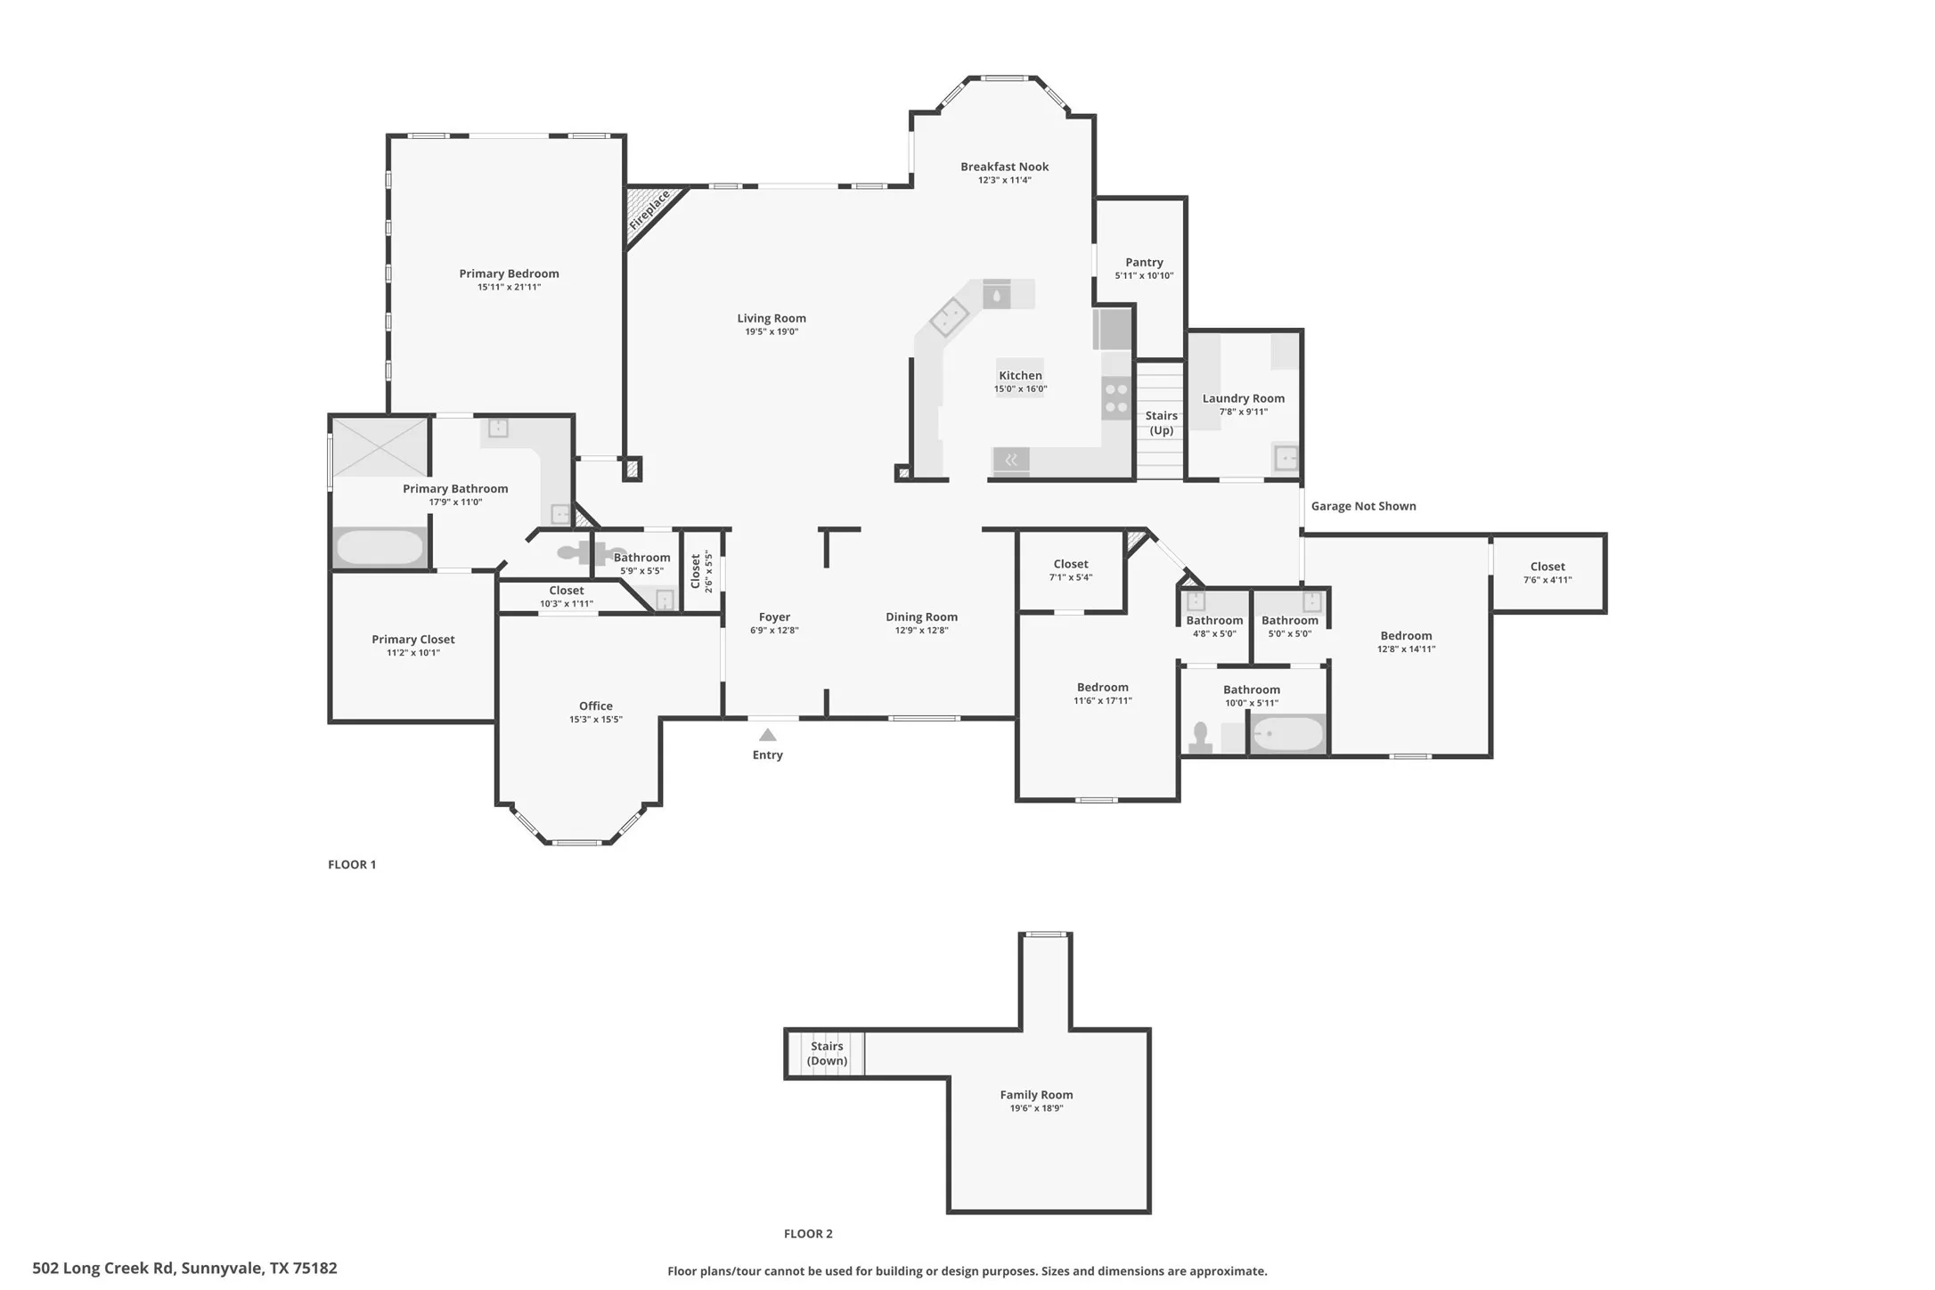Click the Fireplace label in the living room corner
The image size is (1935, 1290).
[649, 210]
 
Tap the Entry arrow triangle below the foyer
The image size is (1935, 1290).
[767, 735]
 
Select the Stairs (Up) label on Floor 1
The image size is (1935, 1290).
[1161, 423]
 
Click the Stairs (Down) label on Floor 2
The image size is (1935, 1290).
[827, 1053]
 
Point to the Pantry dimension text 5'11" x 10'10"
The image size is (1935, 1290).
[1144, 276]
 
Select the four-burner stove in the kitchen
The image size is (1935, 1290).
[1116, 398]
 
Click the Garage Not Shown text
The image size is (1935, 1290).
[1363, 506]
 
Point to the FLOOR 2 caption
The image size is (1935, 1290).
[808, 1234]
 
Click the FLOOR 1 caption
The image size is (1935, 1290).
[352, 864]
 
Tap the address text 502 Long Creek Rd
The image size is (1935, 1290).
[184, 1268]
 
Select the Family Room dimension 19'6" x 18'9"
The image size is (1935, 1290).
[1036, 1108]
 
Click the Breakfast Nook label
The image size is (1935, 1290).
[1004, 167]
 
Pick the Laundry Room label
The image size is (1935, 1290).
[1243, 398]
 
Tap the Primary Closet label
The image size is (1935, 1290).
[412, 639]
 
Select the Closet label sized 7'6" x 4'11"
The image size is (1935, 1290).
[1547, 567]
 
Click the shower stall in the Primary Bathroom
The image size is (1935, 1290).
[380, 446]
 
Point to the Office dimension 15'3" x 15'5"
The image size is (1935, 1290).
[596, 720]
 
